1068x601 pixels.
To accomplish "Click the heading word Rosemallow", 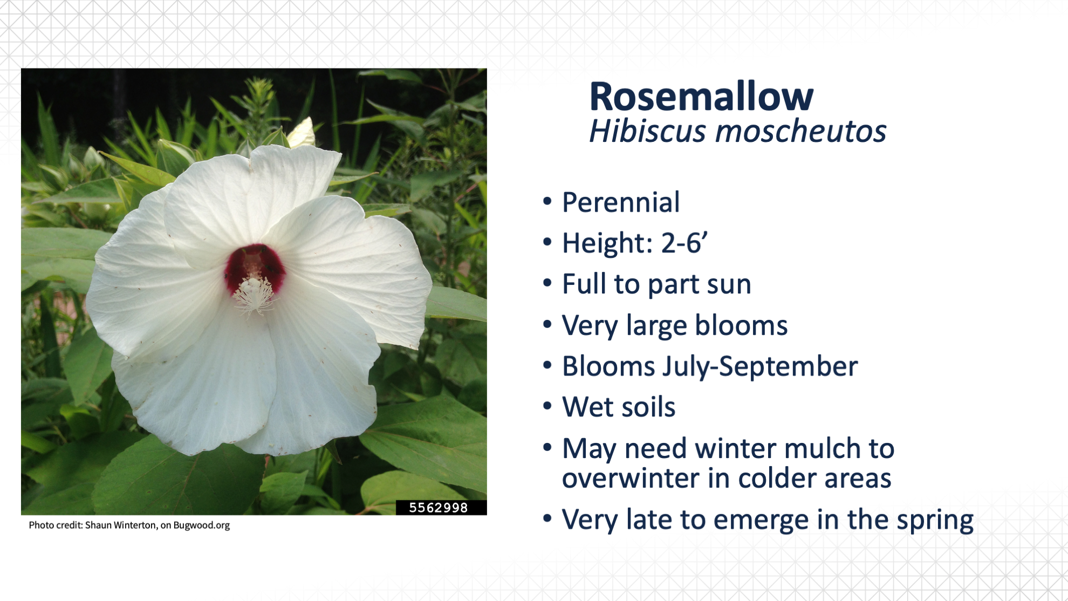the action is point(701,97).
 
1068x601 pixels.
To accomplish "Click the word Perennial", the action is point(620,202).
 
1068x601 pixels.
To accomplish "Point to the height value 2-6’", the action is point(684,243).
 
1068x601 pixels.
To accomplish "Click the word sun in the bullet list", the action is point(729,284).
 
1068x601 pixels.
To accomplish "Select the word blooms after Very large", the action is point(741,325).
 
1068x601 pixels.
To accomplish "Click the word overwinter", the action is point(631,479).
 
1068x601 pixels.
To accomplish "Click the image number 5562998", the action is point(439,508).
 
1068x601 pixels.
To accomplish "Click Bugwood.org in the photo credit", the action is point(201,525).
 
